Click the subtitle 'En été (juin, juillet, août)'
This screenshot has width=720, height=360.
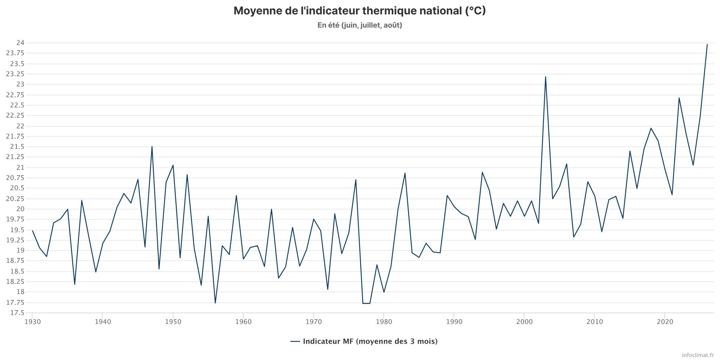tap(360, 25)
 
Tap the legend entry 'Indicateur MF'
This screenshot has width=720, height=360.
tap(364, 341)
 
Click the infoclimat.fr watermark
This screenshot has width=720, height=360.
tap(698, 355)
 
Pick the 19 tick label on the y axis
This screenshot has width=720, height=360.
tap(21, 250)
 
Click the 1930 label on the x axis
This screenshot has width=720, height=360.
tap(32, 322)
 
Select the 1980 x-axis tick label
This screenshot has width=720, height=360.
tap(384, 322)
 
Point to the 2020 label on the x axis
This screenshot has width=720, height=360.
tap(665, 322)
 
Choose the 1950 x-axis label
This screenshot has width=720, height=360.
tap(173, 322)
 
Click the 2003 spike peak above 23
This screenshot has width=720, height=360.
tap(545, 77)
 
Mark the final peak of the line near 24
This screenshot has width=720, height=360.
tap(707, 44)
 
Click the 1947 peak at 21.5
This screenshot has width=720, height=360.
tap(152, 147)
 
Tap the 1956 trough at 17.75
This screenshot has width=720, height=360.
tap(215, 303)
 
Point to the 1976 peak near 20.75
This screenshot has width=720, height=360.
tap(356, 180)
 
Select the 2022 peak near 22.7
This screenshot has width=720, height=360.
tap(679, 98)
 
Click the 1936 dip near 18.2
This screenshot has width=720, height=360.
tap(75, 284)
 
